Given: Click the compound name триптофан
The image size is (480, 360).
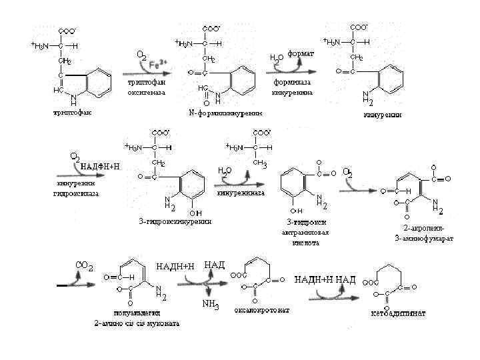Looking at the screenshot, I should click(x=73, y=113).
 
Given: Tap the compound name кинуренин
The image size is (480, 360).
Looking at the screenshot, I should click(x=383, y=114).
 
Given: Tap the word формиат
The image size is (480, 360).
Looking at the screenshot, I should click(x=301, y=53).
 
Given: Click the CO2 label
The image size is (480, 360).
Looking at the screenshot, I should click(x=85, y=266).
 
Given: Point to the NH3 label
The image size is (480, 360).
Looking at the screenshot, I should click(x=211, y=305).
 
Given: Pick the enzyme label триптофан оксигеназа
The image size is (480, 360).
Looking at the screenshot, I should click(x=147, y=87).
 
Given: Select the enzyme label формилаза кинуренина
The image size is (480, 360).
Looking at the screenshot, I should click(x=291, y=87).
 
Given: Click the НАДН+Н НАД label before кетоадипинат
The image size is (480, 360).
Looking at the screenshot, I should click(x=325, y=279).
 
